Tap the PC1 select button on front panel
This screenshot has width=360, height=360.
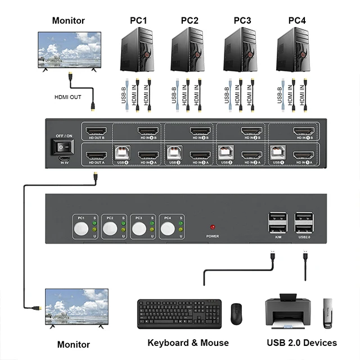point(82,228)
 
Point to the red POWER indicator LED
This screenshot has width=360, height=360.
point(212,227)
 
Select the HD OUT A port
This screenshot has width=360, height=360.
point(96,155)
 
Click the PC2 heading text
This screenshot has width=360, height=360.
point(190,21)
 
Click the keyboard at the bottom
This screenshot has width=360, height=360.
point(179,313)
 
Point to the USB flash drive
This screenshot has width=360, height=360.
point(328,314)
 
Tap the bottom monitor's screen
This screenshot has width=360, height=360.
point(75,307)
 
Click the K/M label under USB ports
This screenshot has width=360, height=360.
point(277,237)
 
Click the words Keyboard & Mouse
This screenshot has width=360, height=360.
point(188,343)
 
